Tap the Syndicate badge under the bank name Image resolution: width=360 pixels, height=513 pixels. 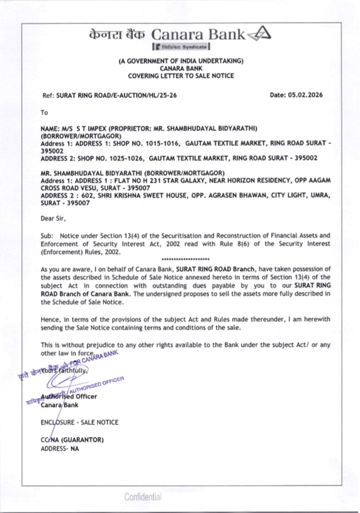pos(181,47)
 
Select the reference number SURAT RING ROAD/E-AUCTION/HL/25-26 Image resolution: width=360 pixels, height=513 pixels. pos(116,95)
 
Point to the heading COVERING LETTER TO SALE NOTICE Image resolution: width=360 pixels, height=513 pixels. pos(181,76)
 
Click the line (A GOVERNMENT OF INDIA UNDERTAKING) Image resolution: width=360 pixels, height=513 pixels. pos(181,61)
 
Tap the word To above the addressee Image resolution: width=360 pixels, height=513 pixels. pos(44,113)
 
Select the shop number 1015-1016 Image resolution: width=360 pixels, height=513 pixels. pos(162,143)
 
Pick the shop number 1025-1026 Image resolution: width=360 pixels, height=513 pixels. pos(126,158)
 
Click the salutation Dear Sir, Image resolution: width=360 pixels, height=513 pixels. pos(53,218)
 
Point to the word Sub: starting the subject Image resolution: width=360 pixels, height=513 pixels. pos(47,236)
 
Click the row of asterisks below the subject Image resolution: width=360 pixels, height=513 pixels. pos(185,259)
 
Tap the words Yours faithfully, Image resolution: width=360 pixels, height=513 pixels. pos(64,370)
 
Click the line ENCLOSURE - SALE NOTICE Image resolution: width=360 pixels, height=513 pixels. pos(79,422)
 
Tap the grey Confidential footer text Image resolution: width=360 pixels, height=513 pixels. pos(143,497)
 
